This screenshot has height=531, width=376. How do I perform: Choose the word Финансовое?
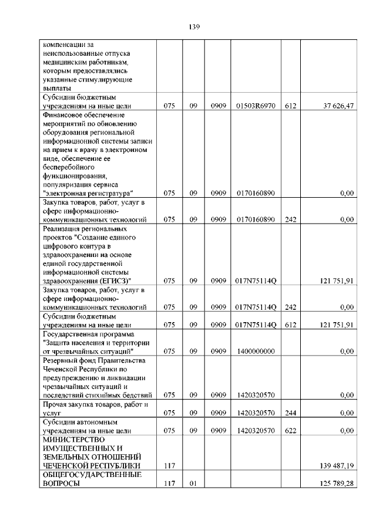pyautogui.click(x=63, y=115)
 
